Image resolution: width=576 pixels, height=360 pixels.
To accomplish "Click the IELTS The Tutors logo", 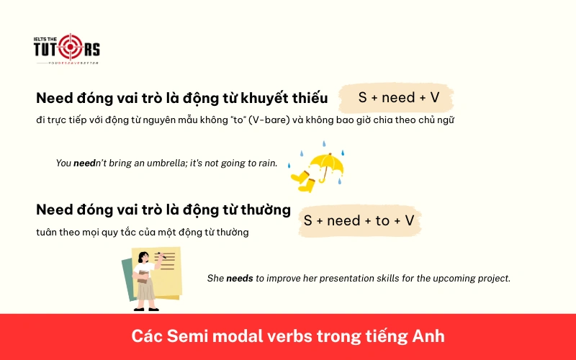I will [66, 49].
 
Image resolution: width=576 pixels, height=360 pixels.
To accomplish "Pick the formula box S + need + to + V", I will [359, 220].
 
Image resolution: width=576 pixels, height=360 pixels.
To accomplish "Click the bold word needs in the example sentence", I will [240, 278].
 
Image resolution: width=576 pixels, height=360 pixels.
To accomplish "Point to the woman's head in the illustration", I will [144, 257].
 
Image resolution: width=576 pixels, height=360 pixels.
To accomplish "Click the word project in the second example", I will [493, 278].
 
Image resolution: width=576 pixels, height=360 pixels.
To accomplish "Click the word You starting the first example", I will [63, 163].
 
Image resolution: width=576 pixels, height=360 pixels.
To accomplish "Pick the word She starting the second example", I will [215, 278].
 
